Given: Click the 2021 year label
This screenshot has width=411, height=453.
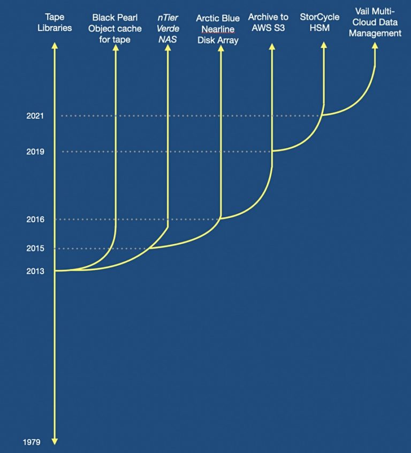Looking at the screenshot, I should (35, 116).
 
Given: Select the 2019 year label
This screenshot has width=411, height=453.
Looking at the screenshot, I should (35, 152).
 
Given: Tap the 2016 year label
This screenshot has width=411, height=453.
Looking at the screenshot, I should (35, 220).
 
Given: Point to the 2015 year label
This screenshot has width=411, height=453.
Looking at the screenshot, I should (35, 249).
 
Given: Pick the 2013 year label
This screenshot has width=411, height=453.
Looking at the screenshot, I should (35, 271).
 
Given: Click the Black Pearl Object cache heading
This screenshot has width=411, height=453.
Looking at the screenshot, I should (115, 28).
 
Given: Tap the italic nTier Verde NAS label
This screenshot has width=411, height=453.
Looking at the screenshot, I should (168, 28).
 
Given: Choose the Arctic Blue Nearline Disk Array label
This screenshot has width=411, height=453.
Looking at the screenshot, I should (217, 29).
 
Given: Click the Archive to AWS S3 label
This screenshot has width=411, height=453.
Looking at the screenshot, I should (268, 22).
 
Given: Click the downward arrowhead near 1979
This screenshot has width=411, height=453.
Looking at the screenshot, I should (54, 441).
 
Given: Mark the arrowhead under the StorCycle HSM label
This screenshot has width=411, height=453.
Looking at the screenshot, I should (323, 46).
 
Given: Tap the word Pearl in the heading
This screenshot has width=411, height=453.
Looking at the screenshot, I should (127, 18).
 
